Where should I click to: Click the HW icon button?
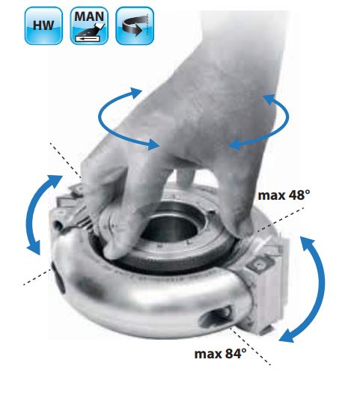tap(43, 25)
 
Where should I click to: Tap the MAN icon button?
tap(89, 25)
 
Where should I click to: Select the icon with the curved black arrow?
tap(135, 25)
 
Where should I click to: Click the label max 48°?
tap(284, 195)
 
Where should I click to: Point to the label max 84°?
tap(220, 353)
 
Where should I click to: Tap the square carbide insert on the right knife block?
tap(259, 265)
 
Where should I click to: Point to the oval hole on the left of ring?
tap(58, 278)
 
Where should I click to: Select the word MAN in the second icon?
tap(89, 16)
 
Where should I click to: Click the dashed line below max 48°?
tap(281, 218)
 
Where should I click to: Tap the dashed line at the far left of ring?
tap(37, 278)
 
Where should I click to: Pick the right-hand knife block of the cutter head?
tap(266, 285)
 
